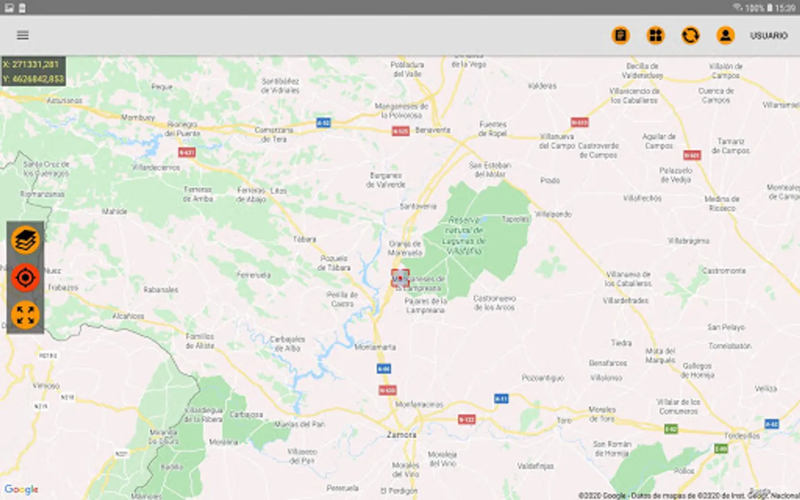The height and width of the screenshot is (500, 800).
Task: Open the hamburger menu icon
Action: [23, 36]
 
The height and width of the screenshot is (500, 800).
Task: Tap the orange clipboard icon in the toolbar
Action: [621, 36]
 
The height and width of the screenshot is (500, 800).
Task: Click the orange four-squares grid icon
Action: [656, 36]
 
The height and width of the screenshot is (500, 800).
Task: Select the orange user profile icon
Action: [725, 36]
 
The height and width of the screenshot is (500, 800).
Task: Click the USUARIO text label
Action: [769, 36]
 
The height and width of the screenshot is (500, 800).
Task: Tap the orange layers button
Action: [26, 241]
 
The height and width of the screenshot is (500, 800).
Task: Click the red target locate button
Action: [26, 278]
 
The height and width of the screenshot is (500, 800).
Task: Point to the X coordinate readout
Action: [31, 64]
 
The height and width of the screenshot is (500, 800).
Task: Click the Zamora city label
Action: [401, 434]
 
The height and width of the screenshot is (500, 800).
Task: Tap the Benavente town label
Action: [433, 130]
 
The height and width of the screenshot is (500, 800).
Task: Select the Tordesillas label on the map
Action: [742, 436]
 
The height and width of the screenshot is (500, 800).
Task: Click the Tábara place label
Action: [304, 239]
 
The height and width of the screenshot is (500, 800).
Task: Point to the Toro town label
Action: [564, 421]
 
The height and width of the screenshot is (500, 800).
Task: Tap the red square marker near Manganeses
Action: [400, 278]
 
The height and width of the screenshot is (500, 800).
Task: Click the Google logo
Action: [22, 489]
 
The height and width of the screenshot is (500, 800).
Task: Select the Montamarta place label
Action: [375, 347]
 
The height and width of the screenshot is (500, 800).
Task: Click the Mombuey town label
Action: [138, 117]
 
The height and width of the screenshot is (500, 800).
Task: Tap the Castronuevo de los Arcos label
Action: [494, 303]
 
